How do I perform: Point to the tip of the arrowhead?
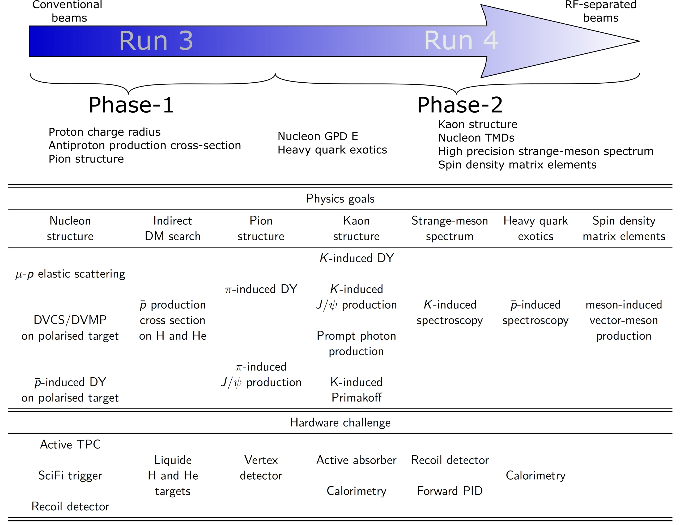pos(639,41)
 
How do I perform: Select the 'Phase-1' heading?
pos(131,105)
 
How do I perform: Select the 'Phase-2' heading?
pos(460,105)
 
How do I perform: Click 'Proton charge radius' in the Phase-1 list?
pos(105,132)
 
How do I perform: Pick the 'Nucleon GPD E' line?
pos(318,136)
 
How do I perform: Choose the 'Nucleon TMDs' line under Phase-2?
pos(476,138)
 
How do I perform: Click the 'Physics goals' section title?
pos(340,199)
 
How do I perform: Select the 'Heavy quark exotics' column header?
pos(535,228)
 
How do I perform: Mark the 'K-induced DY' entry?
pos(356,258)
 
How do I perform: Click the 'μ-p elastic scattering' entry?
pos(70,274)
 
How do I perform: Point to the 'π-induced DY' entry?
pos(261,289)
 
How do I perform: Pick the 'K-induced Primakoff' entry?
pos(356,390)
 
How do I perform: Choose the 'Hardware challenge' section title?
pos(340,422)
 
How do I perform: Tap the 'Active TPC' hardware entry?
pos(70,444)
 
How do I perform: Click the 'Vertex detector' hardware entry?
pos(261,467)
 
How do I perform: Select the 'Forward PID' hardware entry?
pos(450,491)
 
